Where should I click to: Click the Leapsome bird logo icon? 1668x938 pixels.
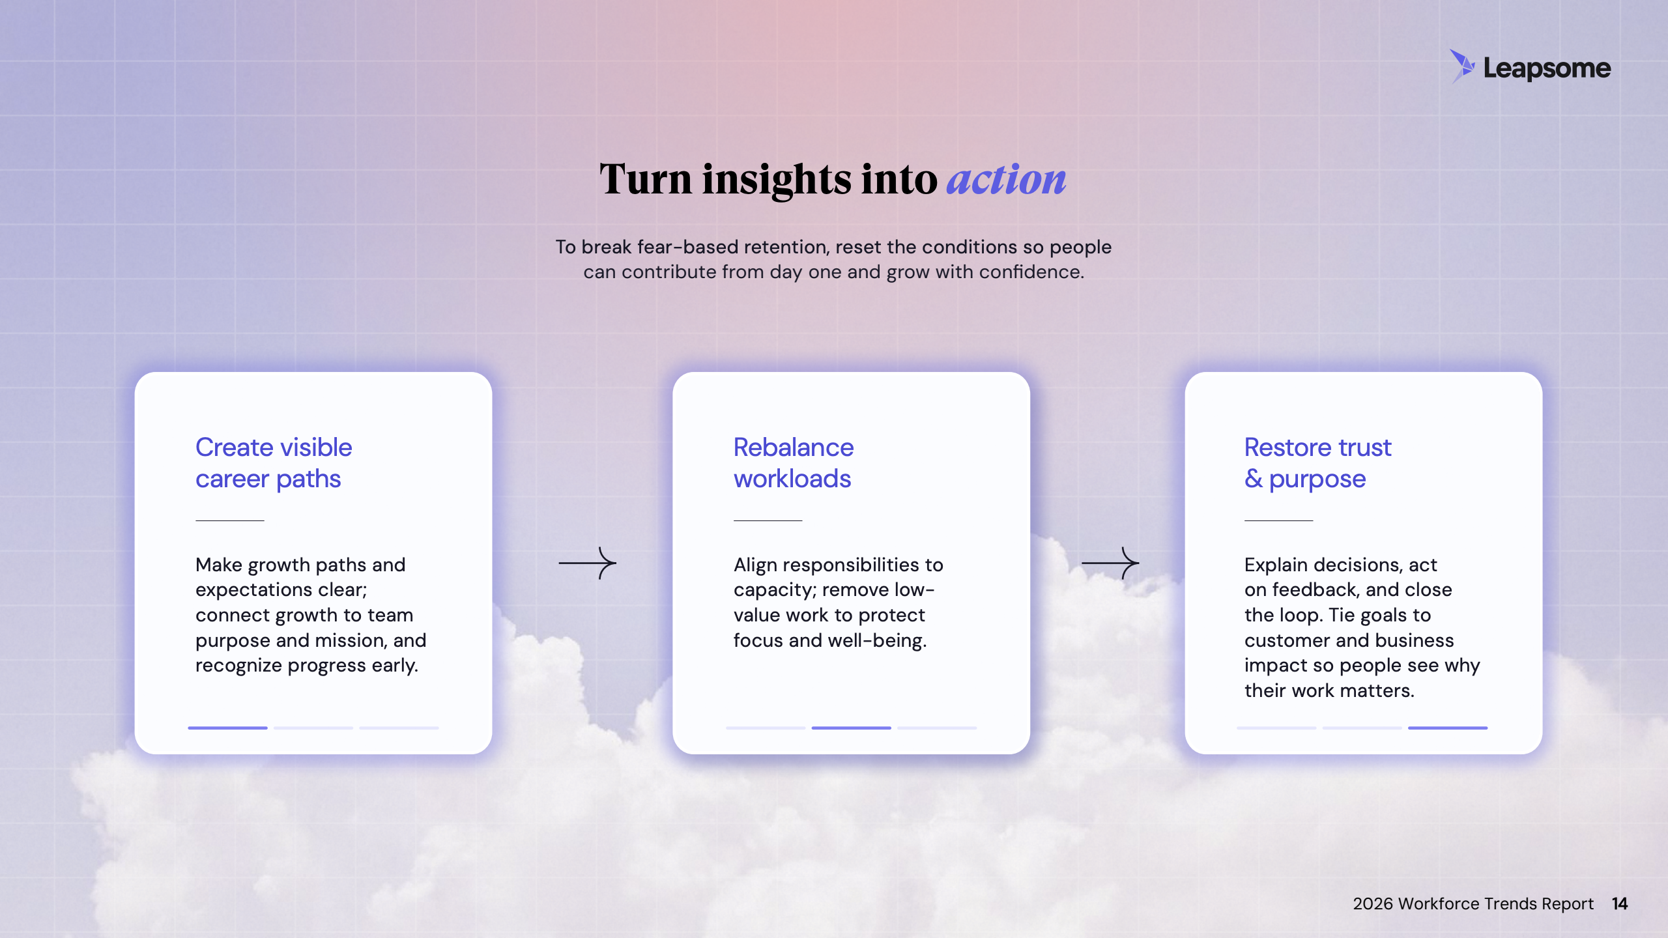[1462, 66]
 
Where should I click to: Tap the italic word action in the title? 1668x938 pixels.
[1006, 179]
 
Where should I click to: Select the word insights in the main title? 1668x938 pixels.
[777, 180]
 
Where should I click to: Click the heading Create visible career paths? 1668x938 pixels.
[274, 463]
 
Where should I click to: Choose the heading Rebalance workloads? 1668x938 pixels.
[794, 463]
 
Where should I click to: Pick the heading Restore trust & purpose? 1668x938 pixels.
[1317, 463]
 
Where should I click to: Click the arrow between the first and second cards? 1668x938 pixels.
[588, 563]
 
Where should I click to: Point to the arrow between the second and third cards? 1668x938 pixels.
[1110, 563]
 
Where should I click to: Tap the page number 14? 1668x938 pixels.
[1620, 904]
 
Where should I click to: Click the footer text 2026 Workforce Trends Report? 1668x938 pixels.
[1473, 904]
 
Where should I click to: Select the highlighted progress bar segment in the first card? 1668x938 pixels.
[227, 728]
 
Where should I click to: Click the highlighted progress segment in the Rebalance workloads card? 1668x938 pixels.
[851, 728]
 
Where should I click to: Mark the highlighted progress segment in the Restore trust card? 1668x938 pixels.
[1448, 728]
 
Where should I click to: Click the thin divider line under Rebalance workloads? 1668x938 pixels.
[768, 520]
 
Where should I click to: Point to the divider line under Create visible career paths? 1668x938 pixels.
[230, 520]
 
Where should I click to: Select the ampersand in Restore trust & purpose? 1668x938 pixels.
[1254, 479]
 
